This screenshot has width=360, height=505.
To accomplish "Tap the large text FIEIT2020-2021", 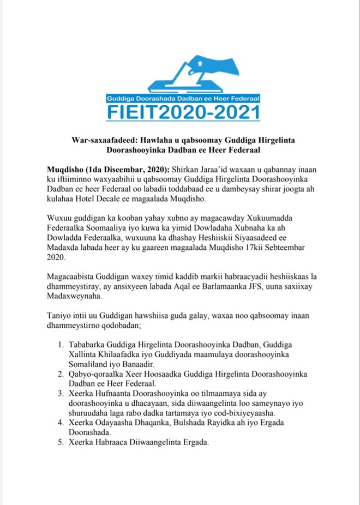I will click(x=179, y=113).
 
